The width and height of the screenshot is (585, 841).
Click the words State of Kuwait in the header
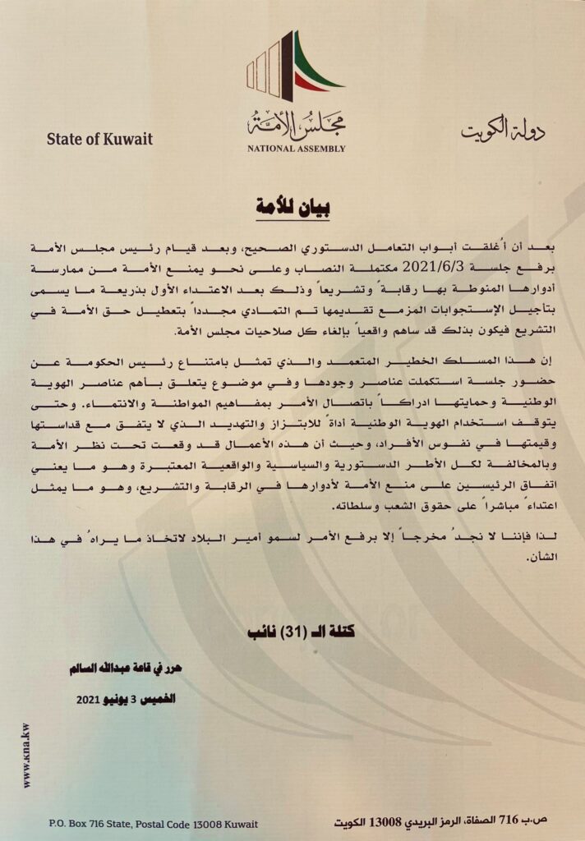[x=99, y=137]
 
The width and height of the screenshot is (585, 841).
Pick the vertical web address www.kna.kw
[x=26, y=756]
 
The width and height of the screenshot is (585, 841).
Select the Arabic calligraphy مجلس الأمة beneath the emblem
[x=297, y=126]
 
